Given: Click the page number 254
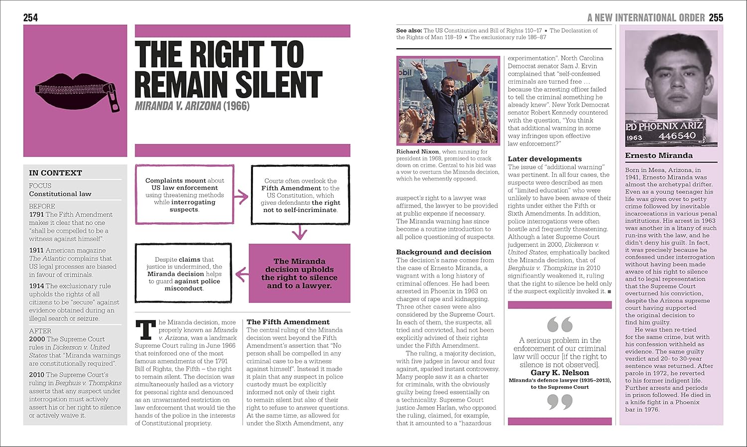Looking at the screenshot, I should pos(30,18).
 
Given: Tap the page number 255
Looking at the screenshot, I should pos(716,18).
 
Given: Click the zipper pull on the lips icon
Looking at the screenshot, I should pos(115,99).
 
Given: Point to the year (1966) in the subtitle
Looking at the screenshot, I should pos(236,106).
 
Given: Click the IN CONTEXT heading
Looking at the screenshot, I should pos(55,173).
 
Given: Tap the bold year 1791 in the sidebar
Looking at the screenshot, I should pos(36,215).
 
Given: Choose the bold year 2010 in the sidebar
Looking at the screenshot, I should pos(36,375).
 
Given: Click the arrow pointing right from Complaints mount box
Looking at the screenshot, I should pos(242,197).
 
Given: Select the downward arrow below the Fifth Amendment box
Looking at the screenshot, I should pos(299,232).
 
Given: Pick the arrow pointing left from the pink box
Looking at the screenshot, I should pos(242,274).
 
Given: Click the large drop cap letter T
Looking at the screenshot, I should pos(145,331).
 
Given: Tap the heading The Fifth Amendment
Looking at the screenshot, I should pos(288,322).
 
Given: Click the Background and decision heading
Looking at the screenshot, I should pos(443,252).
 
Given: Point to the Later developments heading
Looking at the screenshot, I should pos(544,159).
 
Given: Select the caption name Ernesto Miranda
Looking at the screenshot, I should pos(658,155).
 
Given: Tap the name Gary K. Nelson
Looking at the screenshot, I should pos(559,373).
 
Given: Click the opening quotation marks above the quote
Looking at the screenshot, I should pos(559,324).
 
